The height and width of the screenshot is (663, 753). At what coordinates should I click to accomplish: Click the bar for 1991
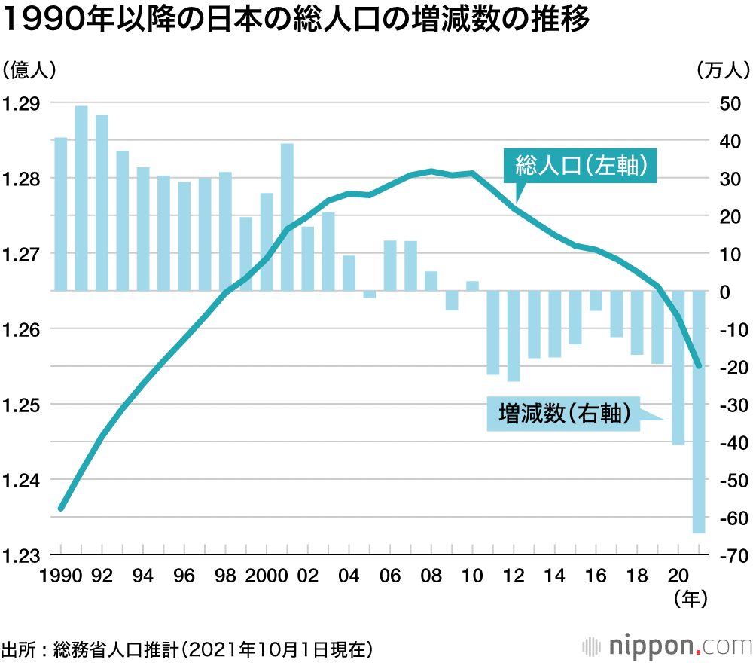coord(81,198)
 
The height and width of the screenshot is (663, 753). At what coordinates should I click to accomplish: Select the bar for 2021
coord(699,412)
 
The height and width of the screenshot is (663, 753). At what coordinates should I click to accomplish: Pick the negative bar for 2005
coord(370,295)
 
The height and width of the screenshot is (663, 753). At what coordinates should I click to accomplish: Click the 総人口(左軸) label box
coord(579,166)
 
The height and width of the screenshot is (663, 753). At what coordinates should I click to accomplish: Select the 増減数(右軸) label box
coord(563,414)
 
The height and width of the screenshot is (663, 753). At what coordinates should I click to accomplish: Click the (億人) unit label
coord(29,70)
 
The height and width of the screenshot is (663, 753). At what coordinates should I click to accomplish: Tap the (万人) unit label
coord(724,70)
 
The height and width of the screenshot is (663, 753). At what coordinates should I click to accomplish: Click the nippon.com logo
coord(666,646)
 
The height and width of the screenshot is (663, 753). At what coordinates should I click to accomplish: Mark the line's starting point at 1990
coord(62,509)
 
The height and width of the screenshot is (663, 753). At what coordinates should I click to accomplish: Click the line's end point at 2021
coord(699,366)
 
